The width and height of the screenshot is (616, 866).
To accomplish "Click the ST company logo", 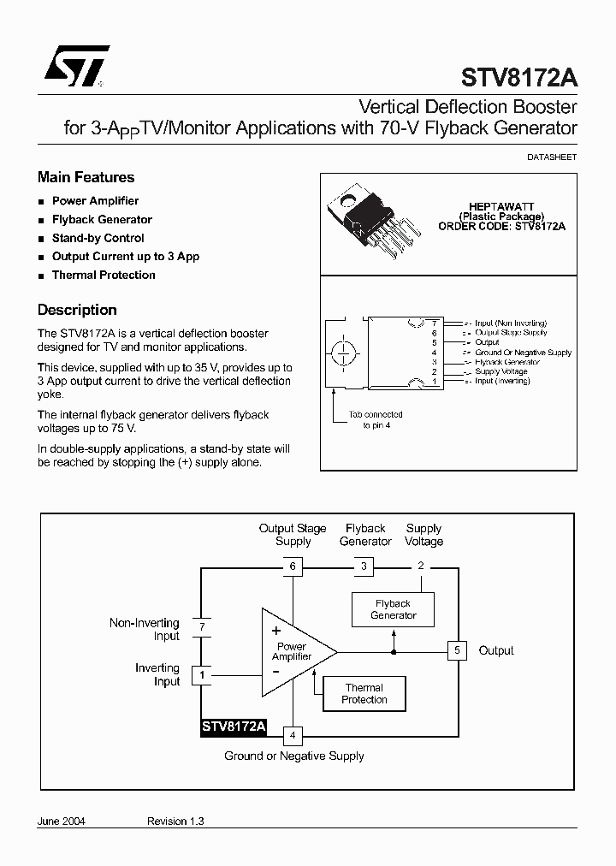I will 77,66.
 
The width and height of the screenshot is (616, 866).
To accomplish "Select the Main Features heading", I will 86,177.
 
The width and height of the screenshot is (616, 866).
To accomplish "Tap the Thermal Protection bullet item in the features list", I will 104,275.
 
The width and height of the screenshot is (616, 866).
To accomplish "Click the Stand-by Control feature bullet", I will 98,238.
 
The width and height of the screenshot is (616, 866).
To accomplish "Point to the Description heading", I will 77,310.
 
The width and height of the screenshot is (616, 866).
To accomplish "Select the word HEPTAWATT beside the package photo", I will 501,207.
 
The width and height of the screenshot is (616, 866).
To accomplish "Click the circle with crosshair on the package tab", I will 345,352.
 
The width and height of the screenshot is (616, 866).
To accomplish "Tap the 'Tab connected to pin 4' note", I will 376,419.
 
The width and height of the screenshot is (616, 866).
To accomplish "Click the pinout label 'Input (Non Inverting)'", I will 511,323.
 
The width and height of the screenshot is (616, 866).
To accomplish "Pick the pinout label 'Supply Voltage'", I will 501,371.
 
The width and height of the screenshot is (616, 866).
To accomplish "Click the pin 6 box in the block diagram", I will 293,566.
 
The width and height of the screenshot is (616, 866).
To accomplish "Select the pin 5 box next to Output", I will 457,650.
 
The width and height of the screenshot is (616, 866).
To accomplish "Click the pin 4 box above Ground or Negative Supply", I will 293,735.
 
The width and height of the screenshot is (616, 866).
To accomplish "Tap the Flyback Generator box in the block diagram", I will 394,609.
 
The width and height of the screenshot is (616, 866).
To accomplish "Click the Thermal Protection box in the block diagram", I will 364,693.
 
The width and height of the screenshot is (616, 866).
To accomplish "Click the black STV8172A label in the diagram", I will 234,727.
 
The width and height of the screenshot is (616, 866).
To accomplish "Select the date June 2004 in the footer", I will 62,821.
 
